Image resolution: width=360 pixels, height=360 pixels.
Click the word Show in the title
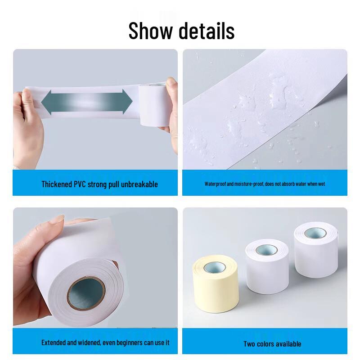click(x=150, y=31)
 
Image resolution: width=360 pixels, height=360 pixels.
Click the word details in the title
click(x=207, y=31)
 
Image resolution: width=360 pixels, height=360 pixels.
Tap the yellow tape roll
click(x=216, y=283)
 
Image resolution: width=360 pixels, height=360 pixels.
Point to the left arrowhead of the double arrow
click(x=47, y=103)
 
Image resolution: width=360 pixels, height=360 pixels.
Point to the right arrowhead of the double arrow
click(x=127, y=102)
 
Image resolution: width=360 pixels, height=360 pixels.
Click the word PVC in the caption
click(x=80, y=184)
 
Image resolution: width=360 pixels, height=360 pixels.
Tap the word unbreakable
click(x=139, y=184)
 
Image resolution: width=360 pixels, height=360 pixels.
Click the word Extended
click(x=54, y=342)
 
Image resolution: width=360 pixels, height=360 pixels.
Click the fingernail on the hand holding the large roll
click(x=57, y=219)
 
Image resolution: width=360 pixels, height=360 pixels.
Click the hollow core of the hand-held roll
click(x=86, y=293)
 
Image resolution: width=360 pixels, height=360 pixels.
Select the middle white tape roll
click(x=267, y=266)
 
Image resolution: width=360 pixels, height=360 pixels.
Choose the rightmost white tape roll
click(x=316, y=250)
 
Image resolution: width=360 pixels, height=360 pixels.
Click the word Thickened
click(x=57, y=184)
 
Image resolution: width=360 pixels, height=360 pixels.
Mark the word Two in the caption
click(x=249, y=344)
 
